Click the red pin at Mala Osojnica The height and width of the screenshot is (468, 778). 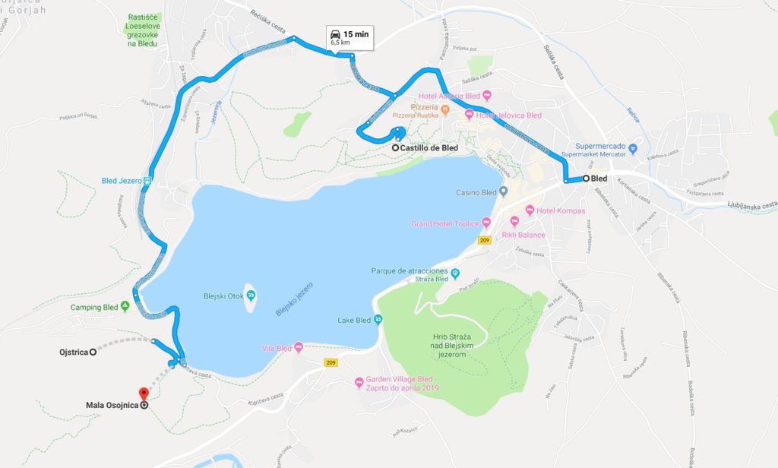142,394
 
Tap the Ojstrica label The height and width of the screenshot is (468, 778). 74,353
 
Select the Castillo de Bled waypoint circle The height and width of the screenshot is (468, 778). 396,148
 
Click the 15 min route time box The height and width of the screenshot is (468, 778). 350,38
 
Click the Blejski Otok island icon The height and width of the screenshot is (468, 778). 248,297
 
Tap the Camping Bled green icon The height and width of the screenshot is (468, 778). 125,307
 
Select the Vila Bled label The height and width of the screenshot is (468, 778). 276,347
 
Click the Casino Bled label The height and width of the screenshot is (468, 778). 476,192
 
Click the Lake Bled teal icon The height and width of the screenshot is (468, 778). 378,320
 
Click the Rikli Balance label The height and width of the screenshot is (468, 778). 523,235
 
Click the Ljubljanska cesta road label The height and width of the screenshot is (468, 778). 751,204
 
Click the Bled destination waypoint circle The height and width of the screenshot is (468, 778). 587,178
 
